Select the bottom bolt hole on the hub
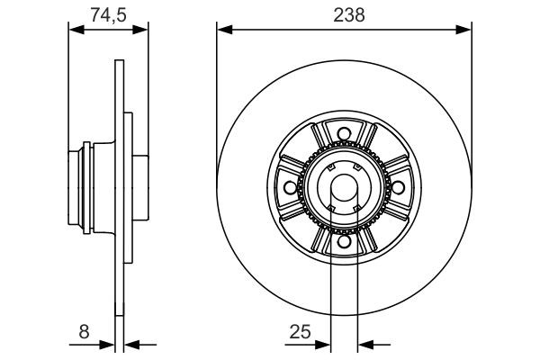(x=343, y=240)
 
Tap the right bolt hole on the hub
(x=396, y=187)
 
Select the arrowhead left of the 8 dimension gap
(x=109, y=343)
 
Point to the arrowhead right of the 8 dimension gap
(x=130, y=343)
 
